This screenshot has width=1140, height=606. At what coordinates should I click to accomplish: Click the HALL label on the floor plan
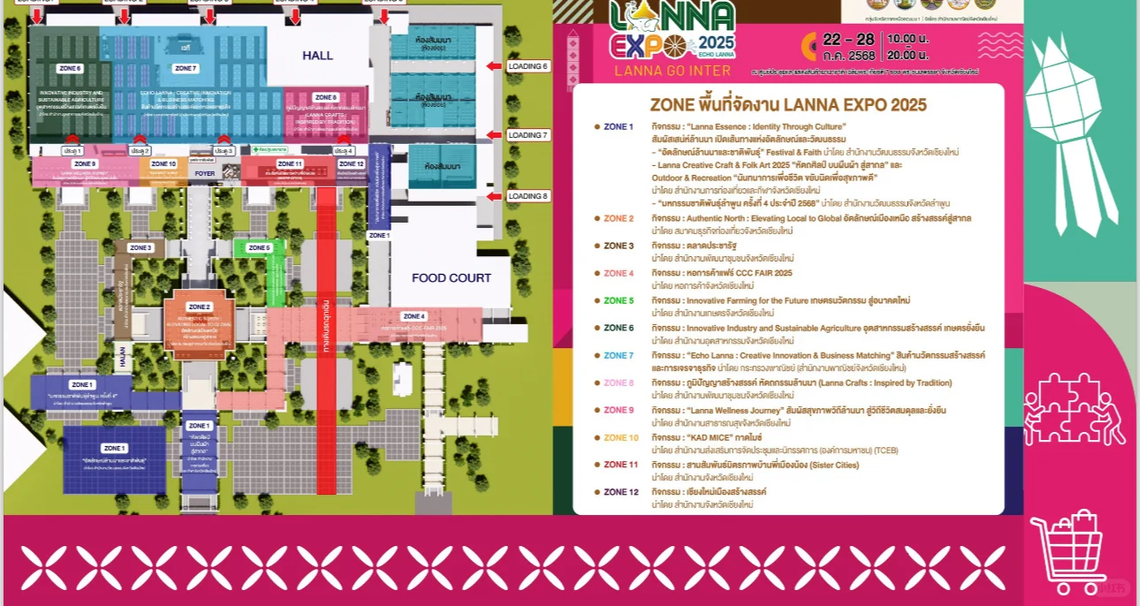[x=318, y=56]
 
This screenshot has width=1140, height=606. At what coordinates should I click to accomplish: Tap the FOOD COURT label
[x=452, y=278]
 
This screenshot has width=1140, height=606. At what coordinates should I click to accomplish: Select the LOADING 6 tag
[x=528, y=66]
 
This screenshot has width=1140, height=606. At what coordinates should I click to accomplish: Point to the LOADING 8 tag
[x=528, y=196]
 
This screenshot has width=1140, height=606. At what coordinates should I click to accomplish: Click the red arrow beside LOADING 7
[x=493, y=135]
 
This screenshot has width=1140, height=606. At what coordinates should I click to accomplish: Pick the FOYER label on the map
[x=205, y=174]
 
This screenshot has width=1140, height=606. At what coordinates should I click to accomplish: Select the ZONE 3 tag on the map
[x=141, y=248]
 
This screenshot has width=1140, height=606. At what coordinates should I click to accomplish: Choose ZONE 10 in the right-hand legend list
[x=621, y=438]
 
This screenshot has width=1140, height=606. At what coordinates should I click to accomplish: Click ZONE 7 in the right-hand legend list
[x=619, y=356]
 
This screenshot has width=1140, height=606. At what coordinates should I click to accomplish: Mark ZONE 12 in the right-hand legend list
[x=621, y=492]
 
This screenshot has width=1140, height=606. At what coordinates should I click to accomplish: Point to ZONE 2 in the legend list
[x=619, y=219]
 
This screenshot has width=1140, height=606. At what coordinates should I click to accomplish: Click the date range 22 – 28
[x=848, y=40]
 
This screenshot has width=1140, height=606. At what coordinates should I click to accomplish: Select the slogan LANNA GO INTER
[x=673, y=71]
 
